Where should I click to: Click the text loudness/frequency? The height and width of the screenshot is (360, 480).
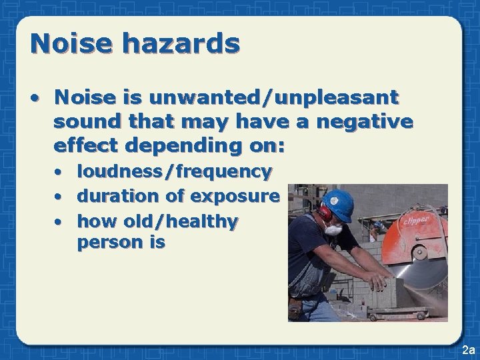[x=175, y=172]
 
